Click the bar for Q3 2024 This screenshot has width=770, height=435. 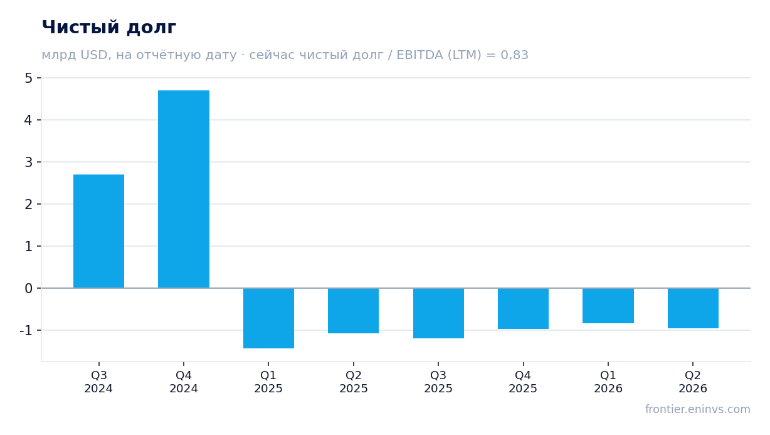click(98, 231)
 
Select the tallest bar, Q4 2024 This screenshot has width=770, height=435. click(184, 190)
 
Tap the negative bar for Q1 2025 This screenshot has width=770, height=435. click(268, 318)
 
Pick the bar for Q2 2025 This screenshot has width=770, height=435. click(354, 311)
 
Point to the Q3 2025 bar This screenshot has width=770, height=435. click(438, 313)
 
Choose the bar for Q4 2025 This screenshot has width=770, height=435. click(523, 308)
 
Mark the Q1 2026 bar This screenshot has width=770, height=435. click(608, 306)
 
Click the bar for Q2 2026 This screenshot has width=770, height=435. click(693, 308)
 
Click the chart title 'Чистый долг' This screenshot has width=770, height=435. click(109, 27)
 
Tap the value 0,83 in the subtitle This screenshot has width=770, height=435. click(514, 55)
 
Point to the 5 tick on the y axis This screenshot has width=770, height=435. click(29, 78)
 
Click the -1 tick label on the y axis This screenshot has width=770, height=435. click(26, 330)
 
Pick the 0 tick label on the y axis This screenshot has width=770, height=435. click(29, 288)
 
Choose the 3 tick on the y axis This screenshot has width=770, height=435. click(29, 162)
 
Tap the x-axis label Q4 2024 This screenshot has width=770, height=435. click(184, 382)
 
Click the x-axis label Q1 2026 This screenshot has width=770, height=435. click(608, 382)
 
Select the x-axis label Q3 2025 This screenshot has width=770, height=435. click(438, 382)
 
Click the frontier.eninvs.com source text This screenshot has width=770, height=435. click(698, 409)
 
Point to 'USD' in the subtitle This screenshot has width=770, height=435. click(95, 55)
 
